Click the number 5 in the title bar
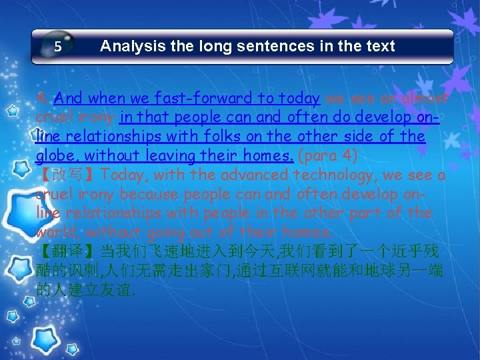58,47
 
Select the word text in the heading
379,46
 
